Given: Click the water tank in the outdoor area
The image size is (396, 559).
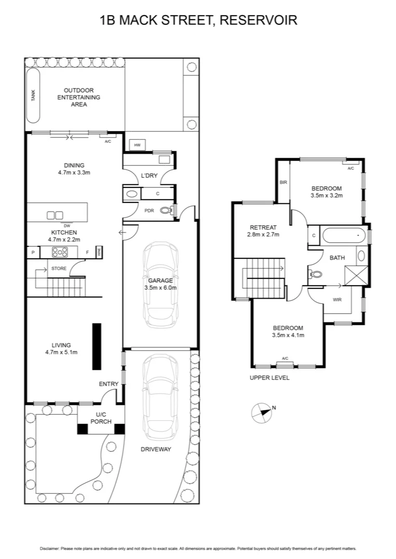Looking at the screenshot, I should (x=33, y=95).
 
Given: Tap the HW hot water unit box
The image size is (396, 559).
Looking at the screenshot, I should (x=137, y=145).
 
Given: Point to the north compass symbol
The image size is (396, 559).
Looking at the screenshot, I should (x=262, y=413).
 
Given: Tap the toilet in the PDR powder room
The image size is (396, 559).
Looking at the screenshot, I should (x=165, y=210).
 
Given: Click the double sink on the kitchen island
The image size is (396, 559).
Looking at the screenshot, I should (x=55, y=215).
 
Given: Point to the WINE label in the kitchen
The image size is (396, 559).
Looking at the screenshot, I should (x=98, y=252).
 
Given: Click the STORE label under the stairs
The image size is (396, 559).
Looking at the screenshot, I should (x=59, y=268).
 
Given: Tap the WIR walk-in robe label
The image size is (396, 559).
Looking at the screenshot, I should (x=337, y=299).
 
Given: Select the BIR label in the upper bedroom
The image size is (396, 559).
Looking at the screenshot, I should (x=283, y=182).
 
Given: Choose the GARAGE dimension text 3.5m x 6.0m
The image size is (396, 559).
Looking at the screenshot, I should (x=160, y=287).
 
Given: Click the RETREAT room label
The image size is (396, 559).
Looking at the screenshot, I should (x=263, y=227).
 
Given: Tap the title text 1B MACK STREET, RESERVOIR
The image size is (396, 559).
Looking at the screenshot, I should (x=198, y=21).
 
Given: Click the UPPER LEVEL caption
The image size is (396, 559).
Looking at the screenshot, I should (x=270, y=378).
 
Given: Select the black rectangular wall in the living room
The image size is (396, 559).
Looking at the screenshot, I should (x=96, y=346).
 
